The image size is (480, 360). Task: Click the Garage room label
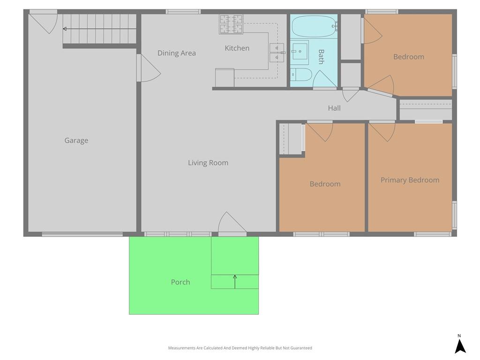point(76,141)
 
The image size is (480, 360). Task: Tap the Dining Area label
point(177,53)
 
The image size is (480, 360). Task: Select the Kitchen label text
point(237,48)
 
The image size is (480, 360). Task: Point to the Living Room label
point(208,163)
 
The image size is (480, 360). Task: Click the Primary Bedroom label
point(410,180)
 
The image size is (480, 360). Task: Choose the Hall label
point(334,108)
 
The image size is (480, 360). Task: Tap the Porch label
point(180,282)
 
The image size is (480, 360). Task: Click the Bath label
point(321,57)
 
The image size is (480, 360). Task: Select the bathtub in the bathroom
point(314,26)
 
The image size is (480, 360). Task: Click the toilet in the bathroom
point(301,75)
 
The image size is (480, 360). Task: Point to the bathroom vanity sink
point(300,52)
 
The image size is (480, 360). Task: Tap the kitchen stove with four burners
point(231,24)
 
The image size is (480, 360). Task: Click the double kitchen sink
point(277,52)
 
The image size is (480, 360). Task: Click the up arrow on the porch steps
point(235,282)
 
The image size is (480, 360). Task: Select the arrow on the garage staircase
point(99,29)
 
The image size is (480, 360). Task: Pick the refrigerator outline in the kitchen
point(225,78)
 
